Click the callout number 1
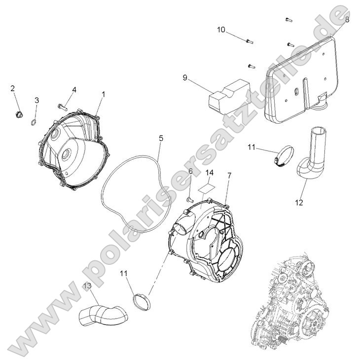pyautogui.click(x=104, y=94)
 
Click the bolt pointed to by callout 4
pyautogui.click(x=62, y=106)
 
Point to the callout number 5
pyautogui.click(x=161, y=139)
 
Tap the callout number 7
pyautogui.click(x=229, y=175)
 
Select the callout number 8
pyautogui.click(x=347, y=20)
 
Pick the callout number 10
pyautogui.click(x=221, y=30)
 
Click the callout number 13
pyautogui.click(x=87, y=286)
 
